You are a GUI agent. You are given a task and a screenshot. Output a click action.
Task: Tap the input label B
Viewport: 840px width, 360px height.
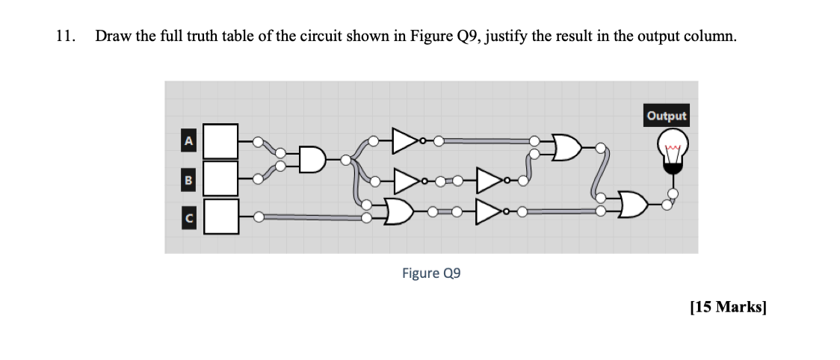pyautogui.click(x=189, y=179)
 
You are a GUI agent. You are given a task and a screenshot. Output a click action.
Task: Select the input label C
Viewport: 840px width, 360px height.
pyautogui.click(x=189, y=217)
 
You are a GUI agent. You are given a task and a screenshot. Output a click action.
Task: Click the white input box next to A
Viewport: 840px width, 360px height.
pyautogui.click(x=220, y=141)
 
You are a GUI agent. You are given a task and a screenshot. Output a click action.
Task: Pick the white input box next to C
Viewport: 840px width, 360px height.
pyautogui.click(x=220, y=217)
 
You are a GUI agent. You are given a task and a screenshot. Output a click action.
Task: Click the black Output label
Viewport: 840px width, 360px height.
pyautogui.click(x=667, y=116)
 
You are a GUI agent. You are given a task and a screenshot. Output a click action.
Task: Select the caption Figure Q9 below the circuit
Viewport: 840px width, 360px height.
pyautogui.click(x=431, y=273)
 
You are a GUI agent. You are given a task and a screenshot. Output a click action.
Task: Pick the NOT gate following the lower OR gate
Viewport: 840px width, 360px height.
pyautogui.click(x=489, y=211)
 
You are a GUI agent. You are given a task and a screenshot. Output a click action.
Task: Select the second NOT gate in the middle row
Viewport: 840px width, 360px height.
pyautogui.click(x=490, y=180)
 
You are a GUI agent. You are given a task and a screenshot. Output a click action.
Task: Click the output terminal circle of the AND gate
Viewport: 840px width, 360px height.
pyautogui.click(x=346, y=159)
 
